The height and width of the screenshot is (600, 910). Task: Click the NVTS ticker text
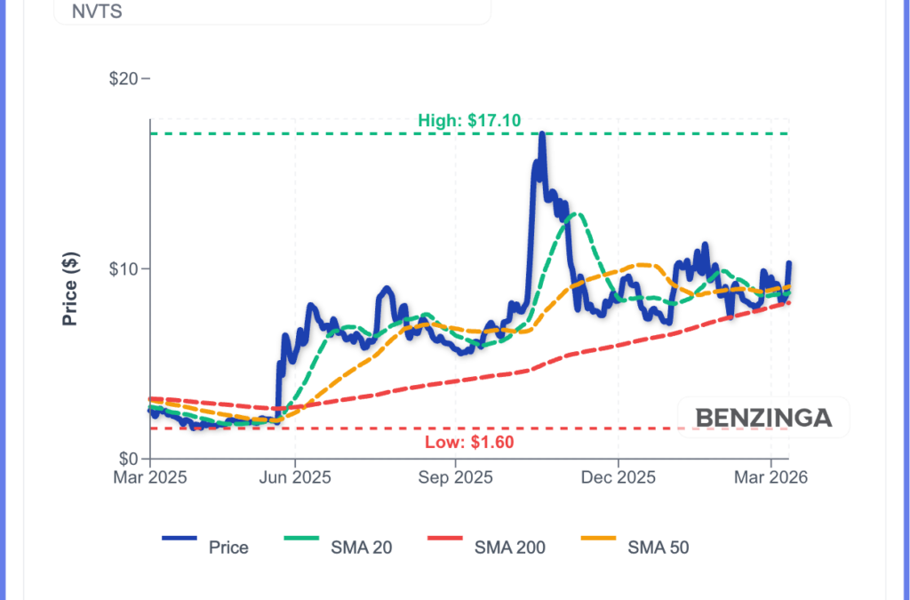[x=78, y=13]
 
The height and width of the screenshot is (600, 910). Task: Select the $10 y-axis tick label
[x=127, y=268]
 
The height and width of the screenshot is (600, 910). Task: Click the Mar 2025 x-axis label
[x=149, y=477]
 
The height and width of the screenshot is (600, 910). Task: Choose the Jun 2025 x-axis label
[x=294, y=477]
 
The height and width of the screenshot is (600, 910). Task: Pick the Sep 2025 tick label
[x=456, y=477]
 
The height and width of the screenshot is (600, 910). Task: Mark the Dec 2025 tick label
[x=618, y=477]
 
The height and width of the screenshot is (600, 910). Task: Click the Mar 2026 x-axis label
[x=770, y=477]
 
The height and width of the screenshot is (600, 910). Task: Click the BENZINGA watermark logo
[x=763, y=418]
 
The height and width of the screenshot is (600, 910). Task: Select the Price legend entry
[x=205, y=547]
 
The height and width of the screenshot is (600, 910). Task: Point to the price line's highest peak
[x=542, y=134]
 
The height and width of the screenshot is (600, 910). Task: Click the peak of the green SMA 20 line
[x=579, y=213]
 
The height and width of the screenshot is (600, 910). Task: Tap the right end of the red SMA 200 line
[x=788, y=302]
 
